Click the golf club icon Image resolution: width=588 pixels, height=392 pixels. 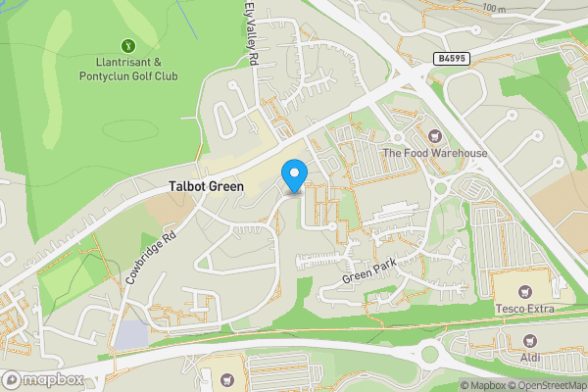coord(128,45)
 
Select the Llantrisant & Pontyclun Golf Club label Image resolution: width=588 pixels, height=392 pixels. coord(128,68)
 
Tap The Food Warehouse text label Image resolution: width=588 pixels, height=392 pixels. coord(434,153)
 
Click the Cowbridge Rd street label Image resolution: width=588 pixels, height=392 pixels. coord(150,259)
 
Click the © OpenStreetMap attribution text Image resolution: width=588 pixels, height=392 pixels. coord(549,385)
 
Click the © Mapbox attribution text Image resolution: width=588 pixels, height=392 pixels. coord(483,385)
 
